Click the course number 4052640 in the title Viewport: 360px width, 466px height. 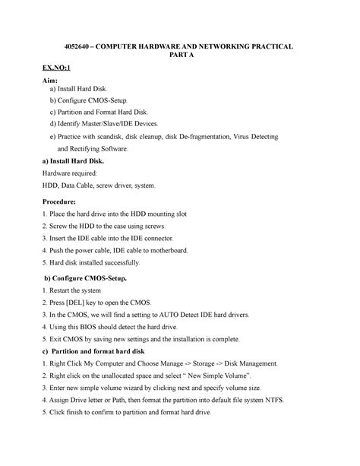79,47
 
